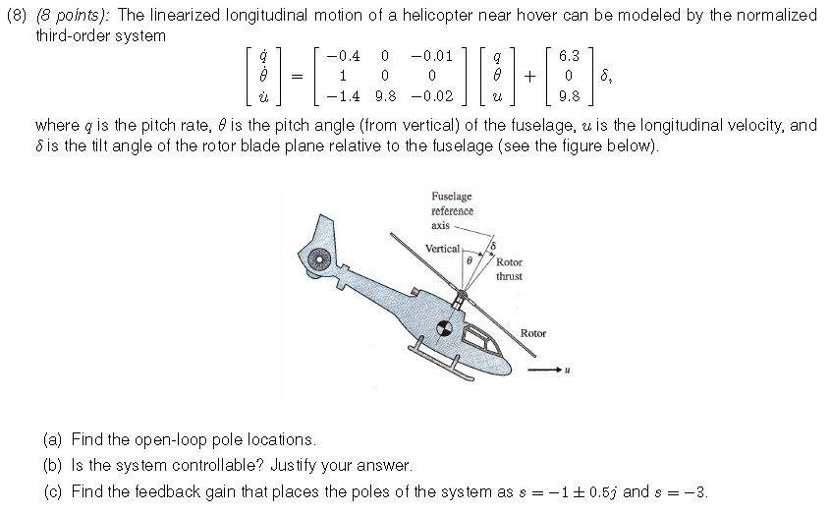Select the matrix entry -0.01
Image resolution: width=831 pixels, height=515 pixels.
point(434,56)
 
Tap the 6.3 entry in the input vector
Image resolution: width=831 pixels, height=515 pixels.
point(568,56)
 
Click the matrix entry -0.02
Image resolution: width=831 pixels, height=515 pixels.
point(434,96)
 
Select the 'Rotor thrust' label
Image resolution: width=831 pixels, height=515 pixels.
point(509,269)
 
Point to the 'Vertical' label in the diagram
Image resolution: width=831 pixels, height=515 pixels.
point(442,249)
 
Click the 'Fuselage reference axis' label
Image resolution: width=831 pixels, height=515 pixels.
point(452,210)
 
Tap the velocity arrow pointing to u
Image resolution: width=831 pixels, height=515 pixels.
point(545,371)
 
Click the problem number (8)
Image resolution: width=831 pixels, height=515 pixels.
point(19,15)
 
